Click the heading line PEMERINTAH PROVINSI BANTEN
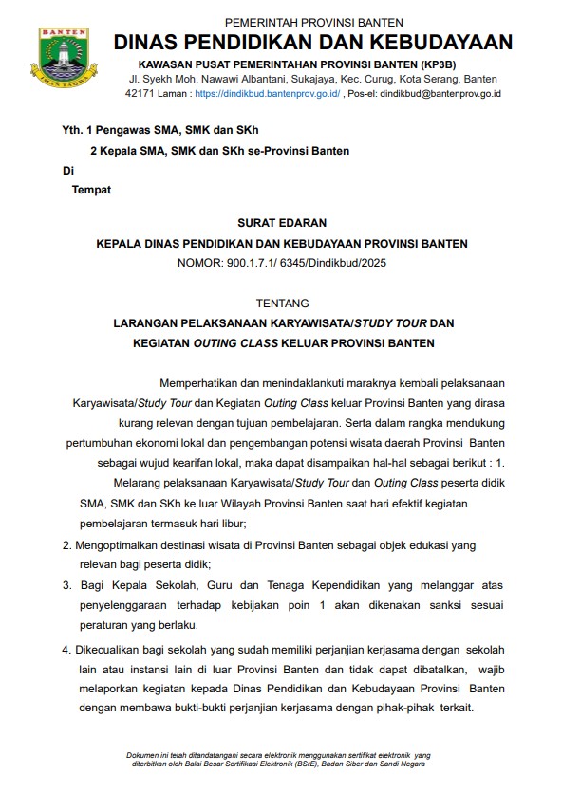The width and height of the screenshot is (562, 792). tap(313, 22)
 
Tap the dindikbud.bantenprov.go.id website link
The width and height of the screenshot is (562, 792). tap(267, 95)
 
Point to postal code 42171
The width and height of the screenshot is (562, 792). tap(140, 95)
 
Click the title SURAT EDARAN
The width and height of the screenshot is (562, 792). tap(281, 223)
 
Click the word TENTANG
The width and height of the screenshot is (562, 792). tap(282, 304)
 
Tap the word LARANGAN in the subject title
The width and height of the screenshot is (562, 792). tap(143, 323)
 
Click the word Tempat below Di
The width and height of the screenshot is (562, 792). tap(91, 190)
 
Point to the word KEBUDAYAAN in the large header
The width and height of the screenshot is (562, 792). tap(439, 43)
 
